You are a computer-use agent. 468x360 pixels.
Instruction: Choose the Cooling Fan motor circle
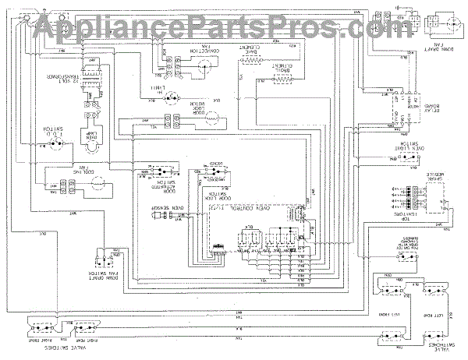tap(93, 185)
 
